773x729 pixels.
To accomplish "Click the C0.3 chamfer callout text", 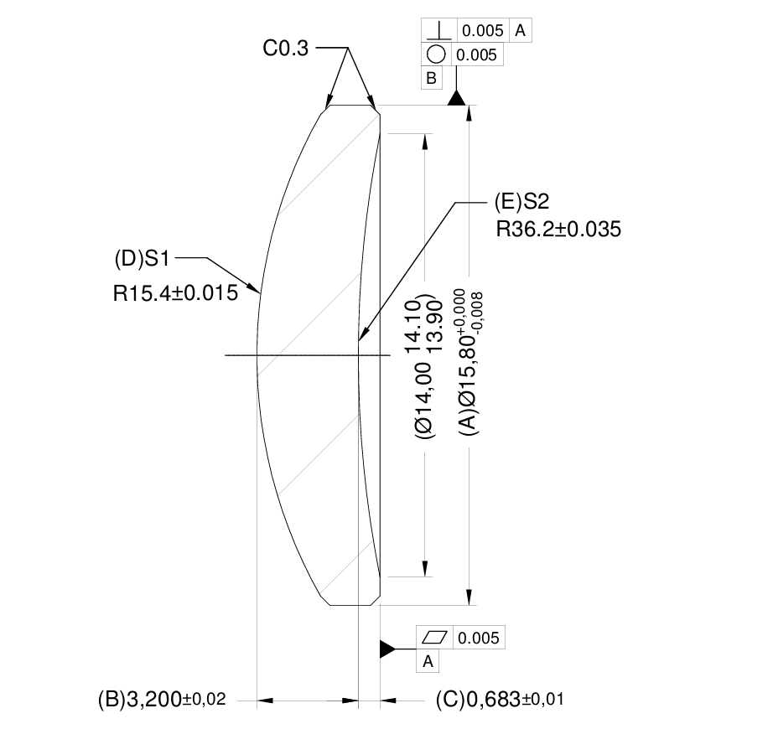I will [285, 49].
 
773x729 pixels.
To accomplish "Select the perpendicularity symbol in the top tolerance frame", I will [436, 31].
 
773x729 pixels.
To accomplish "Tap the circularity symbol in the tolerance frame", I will [436, 55].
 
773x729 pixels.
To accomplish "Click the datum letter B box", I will [431, 79].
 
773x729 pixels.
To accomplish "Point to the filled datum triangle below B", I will [455, 99].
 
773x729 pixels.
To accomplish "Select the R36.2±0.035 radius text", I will [558, 230].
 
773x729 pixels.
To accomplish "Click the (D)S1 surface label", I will [143, 259].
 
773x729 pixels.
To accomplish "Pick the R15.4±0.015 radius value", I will [174, 292].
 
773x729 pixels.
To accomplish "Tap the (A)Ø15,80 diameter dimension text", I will [475, 369].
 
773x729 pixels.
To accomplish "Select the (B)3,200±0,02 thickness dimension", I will [162, 700].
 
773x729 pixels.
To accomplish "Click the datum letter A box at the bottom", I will [428, 661].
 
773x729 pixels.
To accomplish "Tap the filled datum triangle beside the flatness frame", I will [386, 649].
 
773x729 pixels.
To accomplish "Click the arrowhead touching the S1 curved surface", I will [257, 289].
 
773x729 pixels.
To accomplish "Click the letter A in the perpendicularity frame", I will [520, 31].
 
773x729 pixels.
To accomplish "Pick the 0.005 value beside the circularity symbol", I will [478, 55].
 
